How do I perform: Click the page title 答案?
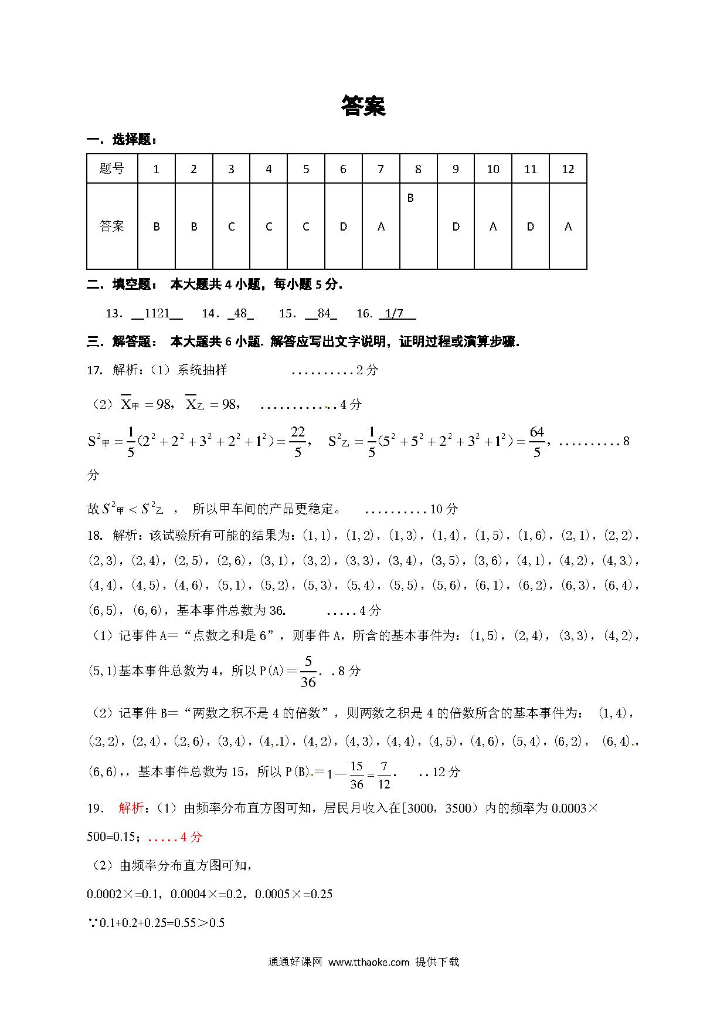(x=363, y=106)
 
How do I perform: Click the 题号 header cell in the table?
(x=112, y=169)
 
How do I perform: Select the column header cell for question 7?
(x=381, y=169)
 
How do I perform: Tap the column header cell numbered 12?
(x=568, y=169)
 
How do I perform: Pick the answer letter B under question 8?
(x=410, y=198)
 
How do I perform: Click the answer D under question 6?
(x=344, y=226)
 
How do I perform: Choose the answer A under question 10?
(x=493, y=226)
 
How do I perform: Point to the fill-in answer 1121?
(x=157, y=313)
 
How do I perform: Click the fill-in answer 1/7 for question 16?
(x=396, y=313)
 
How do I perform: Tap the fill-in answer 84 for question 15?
(x=324, y=313)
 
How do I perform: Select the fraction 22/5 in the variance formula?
(x=298, y=441)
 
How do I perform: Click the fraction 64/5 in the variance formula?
(x=537, y=441)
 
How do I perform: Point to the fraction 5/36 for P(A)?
(x=308, y=671)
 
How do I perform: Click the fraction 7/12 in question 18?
(x=384, y=774)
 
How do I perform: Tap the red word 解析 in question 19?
(x=131, y=808)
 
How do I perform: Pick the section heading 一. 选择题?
(x=121, y=140)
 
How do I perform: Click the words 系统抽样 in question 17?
(x=202, y=370)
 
